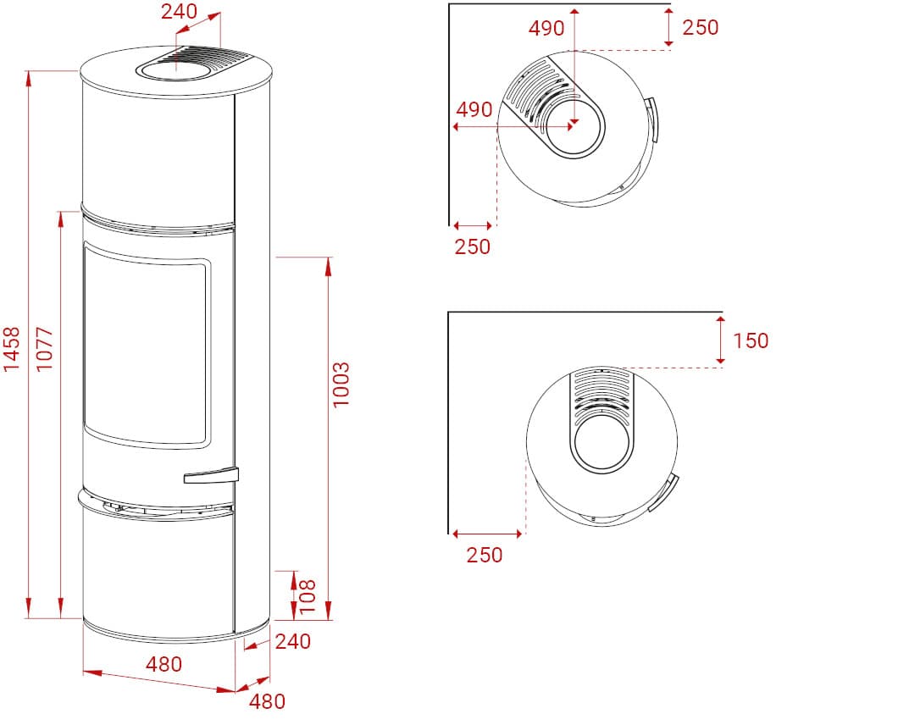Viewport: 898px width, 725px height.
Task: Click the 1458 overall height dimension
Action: (x=11, y=349)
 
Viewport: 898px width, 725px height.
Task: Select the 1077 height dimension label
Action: (x=44, y=349)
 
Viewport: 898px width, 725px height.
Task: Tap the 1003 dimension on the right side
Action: (x=341, y=385)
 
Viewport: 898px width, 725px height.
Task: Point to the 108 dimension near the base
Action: (x=308, y=596)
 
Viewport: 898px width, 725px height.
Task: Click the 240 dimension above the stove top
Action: (x=179, y=11)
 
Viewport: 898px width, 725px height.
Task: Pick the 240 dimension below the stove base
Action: (x=292, y=641)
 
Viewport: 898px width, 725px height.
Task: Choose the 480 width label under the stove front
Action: (x=164, y=664)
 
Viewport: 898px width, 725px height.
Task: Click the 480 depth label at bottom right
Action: (x=267, y=701)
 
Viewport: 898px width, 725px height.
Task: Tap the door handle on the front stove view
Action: (x=211, y=475)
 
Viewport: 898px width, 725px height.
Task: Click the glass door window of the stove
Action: (x=147, y=344)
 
